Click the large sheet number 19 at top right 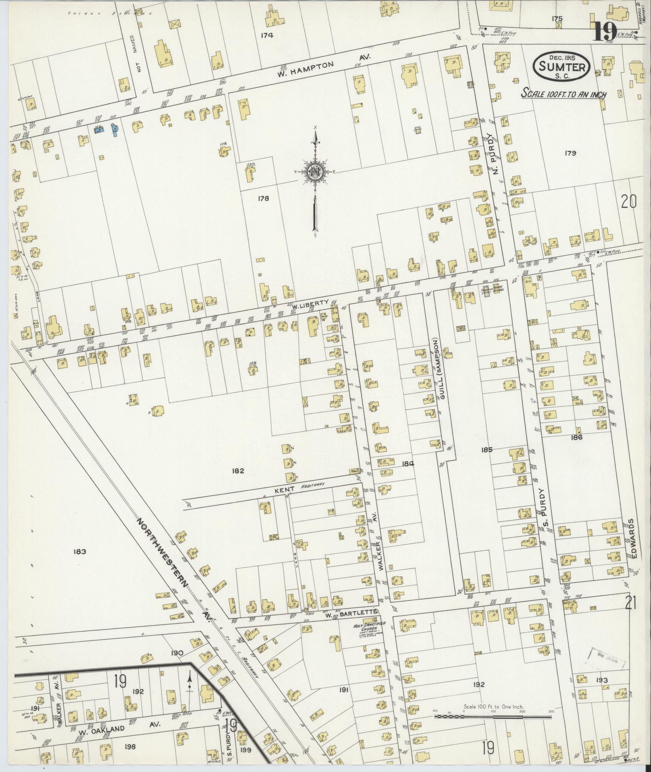[604, 32]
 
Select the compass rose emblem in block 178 [314, 172]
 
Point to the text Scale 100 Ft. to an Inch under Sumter [563, 94]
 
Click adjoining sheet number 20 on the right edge [628, 201]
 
